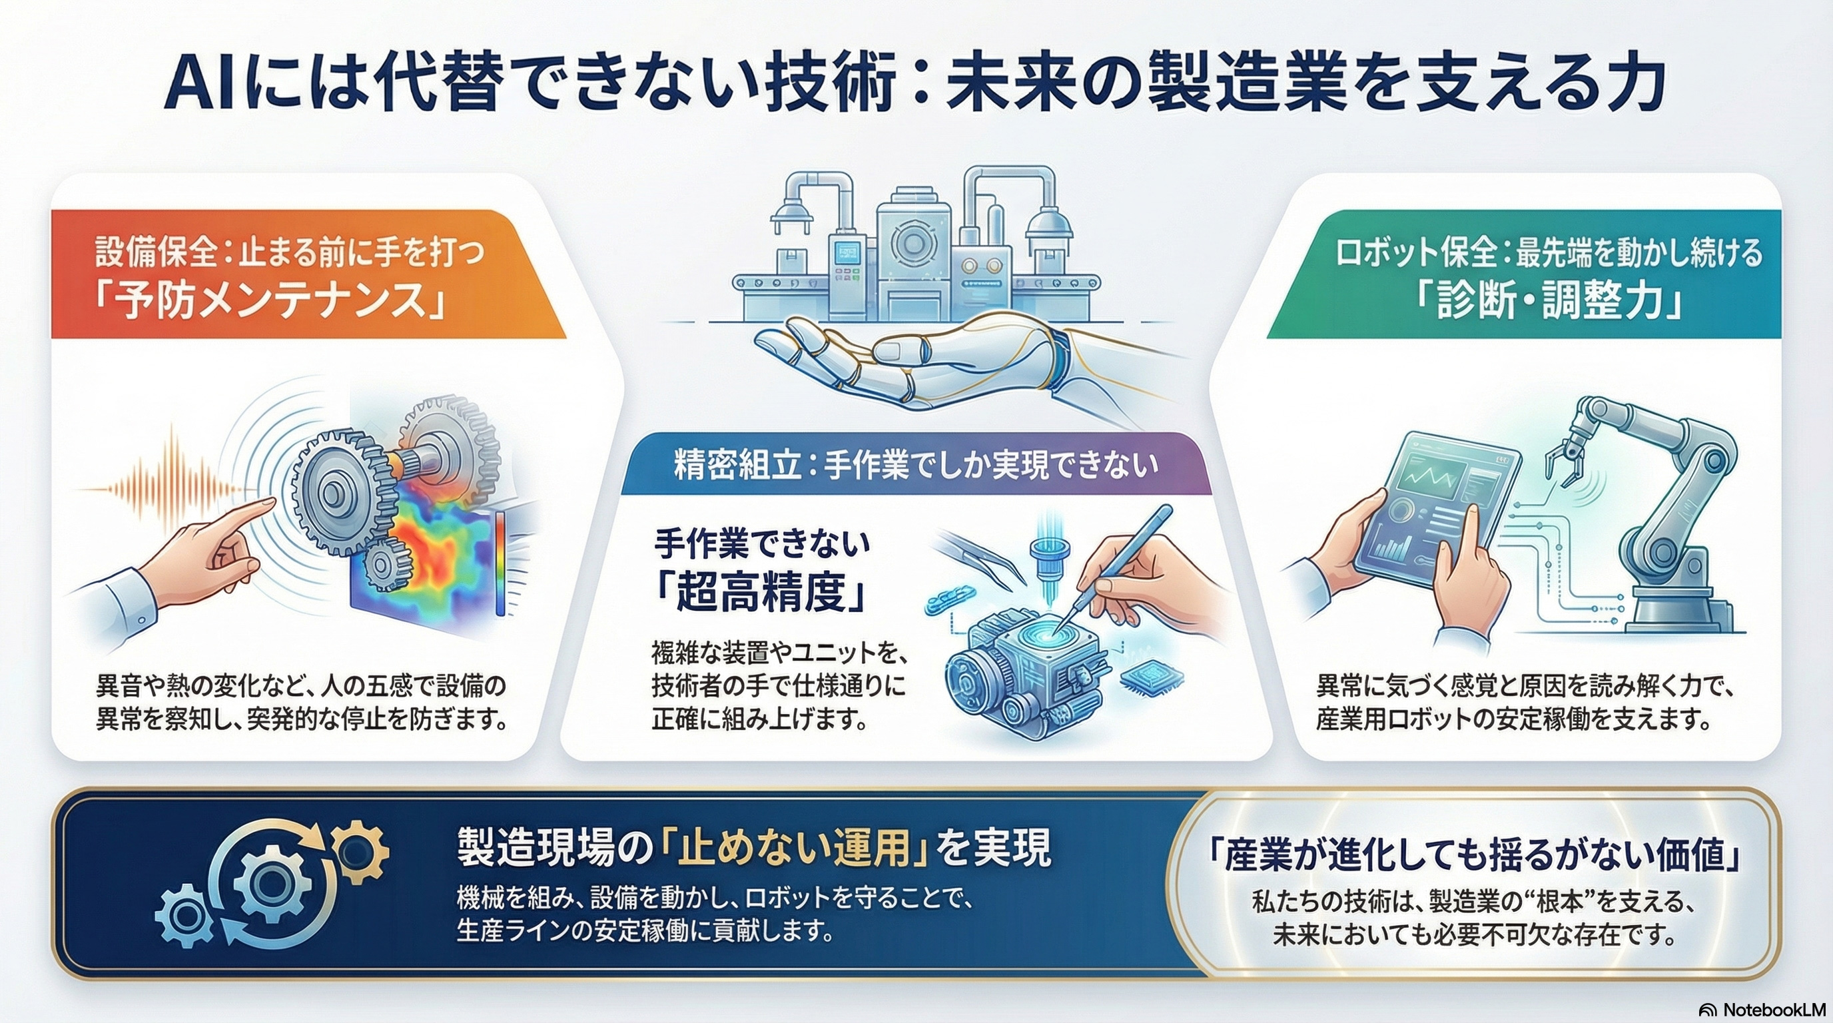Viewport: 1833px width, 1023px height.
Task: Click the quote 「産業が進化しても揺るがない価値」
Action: tap(1477, 858)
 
